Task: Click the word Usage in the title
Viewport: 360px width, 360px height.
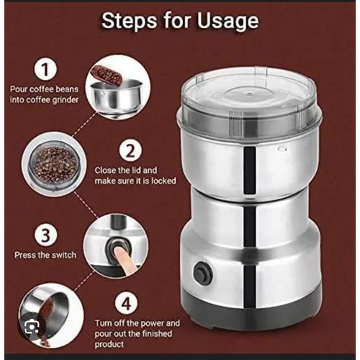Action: (x=228, y=22)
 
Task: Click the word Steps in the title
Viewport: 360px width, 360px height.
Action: (x=130, y=20)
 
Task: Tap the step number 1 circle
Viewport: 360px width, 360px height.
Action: (x=45, y=68)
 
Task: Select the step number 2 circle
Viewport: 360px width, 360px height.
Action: (x=130, y=150)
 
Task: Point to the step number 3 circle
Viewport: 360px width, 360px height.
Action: (x=45, y=235)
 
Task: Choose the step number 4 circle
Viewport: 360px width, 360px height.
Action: (x=127, y=303)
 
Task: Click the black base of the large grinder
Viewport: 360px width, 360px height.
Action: (x=252, y=312)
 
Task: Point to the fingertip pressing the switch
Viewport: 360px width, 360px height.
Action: (x=118, y=253)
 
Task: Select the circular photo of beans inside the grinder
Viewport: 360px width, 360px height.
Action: (x=54, y=164)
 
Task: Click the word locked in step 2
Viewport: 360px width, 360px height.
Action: (x=163, y=181)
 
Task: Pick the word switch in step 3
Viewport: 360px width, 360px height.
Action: (x=64, y=255)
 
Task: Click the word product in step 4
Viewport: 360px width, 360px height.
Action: (x=109, y=345)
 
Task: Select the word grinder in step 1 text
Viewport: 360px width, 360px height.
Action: (x=66, y=100)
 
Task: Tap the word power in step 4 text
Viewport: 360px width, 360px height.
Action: (x=152, y=323)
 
